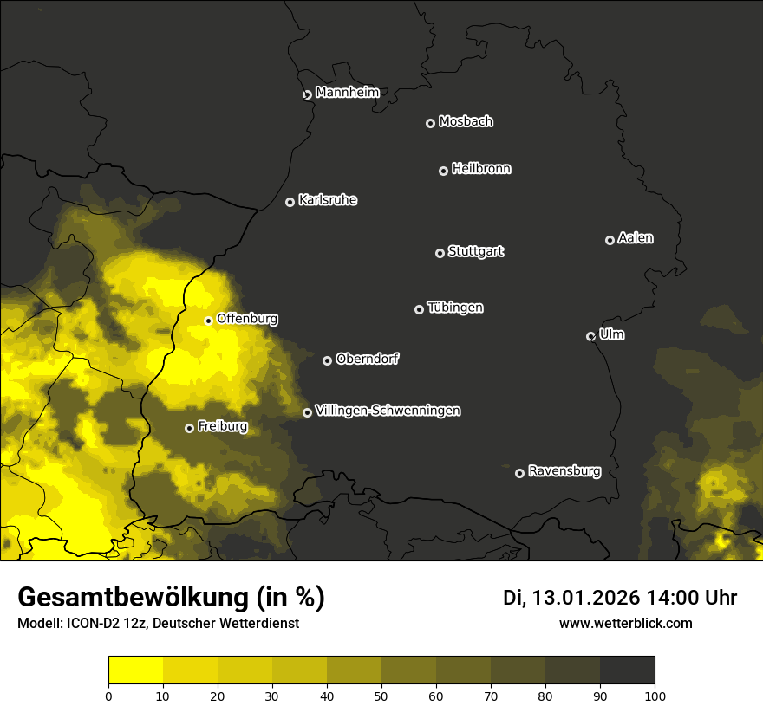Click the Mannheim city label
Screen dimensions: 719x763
(x=347, y=93)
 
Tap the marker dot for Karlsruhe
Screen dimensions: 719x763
(x=290, y=202)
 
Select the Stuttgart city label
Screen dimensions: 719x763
(x=475, y=252)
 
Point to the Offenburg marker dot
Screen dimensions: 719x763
(x=208, y=321)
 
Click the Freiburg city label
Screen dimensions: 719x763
(x=222, y=427)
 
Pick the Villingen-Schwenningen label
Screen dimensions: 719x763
(x=388, y=411)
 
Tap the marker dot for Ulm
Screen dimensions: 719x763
(x=590, y=336)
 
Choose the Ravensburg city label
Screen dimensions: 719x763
(x=564, y=472)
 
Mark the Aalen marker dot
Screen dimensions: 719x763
(x=610, y=240)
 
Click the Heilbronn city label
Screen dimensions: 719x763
(x=481, y=169)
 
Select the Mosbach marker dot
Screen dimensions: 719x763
(x=429, y=123)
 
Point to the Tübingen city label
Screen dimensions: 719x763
(x=455, y=308)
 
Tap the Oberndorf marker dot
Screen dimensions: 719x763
(x=327, y=360)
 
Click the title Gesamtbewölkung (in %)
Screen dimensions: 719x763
(x=171, y=598)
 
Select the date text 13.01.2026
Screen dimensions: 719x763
(x=585, y=598)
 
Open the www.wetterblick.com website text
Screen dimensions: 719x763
(x=625, y=623)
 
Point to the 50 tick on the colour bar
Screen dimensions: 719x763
(x=381, y=695)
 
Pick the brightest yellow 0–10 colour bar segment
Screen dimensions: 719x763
(x=135, y=670)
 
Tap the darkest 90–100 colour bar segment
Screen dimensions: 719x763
(x=627, y=670)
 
